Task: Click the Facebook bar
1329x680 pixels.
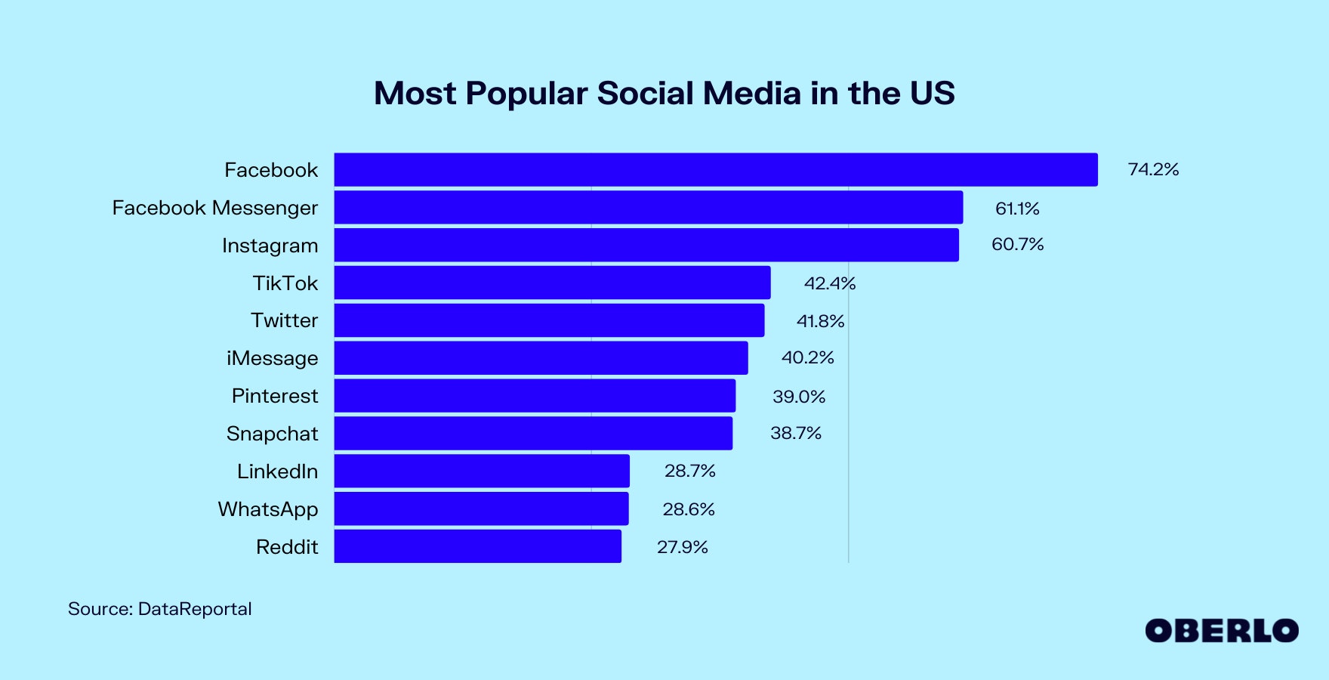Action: [715, 169]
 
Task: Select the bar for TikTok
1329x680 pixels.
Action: [552, 283]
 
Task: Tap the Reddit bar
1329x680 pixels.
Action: [477, 546]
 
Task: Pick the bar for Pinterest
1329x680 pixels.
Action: [535, 395]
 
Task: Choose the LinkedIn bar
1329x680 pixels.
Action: [482, 471]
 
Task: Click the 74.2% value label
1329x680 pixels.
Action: [1153, 169]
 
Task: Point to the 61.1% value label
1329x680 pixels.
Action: [1017, 209]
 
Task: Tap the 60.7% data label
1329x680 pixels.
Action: [1017, 245]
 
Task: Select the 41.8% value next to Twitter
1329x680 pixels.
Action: [820, 321]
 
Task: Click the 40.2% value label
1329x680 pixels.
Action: [807, 357]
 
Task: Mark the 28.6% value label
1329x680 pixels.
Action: [689, 509]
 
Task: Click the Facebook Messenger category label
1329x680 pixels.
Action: [215, 208]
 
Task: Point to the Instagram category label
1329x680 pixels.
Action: [270, 246]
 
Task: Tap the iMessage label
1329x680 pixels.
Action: [272, 358]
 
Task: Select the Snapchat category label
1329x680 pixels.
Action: [272, 434]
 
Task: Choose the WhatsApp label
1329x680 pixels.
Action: [268, 509]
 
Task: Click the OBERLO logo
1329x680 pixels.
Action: [1221, 631]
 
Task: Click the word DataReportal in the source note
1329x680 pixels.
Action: [195, 609]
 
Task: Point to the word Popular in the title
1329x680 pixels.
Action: [526, 94]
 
